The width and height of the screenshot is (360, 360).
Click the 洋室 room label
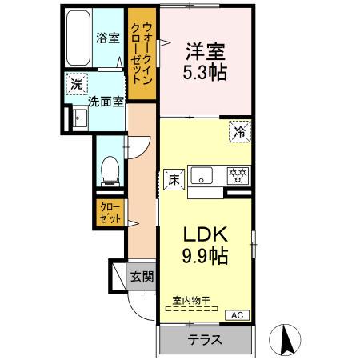[206, 49]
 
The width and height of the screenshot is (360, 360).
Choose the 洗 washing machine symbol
[76, 84]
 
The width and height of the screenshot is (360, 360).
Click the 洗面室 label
[104, 102]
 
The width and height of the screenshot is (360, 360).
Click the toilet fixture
[111, 169]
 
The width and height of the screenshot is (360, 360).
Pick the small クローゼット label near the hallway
[109, 212]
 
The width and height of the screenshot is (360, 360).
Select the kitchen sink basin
[202, 174]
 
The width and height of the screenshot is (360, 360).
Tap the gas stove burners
[237, 174]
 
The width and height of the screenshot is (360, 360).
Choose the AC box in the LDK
[236, 315]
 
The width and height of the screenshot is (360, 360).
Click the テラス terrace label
[205, 340]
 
